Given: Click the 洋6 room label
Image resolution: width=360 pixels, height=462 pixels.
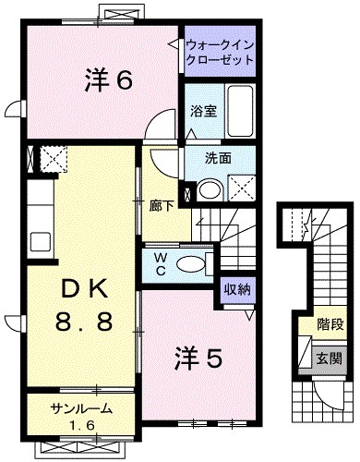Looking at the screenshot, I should [x=110, y=80].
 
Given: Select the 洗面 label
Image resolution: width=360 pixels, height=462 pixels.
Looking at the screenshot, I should [x=220, y=158].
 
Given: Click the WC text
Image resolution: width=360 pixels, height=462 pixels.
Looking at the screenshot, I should [x=160, y=262].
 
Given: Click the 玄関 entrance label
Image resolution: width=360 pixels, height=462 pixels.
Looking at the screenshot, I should [x=330, y=358].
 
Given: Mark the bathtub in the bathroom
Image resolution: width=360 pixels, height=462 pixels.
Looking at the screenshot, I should [x=241, y=111].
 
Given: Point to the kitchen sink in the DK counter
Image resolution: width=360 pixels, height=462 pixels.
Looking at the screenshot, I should [x=39, y=243].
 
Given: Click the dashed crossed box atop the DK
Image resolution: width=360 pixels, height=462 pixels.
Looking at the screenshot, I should [x=52, y=159].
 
